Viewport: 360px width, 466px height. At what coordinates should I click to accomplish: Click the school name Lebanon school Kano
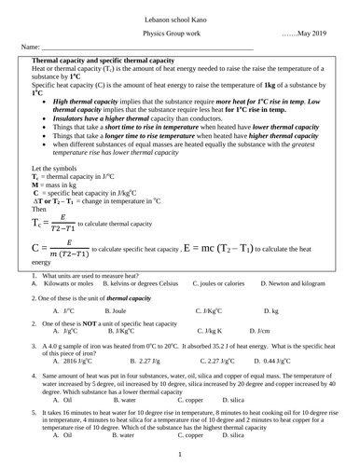(179, 19)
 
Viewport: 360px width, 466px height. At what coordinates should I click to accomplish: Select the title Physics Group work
(179, 33)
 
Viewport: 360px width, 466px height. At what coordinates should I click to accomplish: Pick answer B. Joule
(114, 308)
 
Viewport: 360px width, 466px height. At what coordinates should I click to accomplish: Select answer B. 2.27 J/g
(149, 359)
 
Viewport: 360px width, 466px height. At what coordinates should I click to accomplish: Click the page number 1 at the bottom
(179, 454)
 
